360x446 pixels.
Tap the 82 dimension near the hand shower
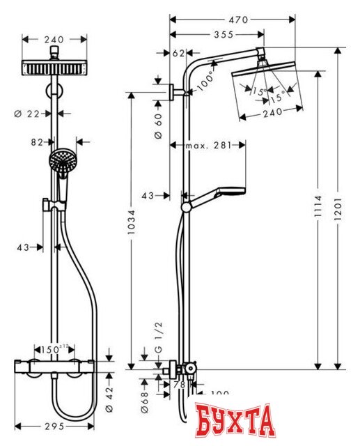coord(38,141)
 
